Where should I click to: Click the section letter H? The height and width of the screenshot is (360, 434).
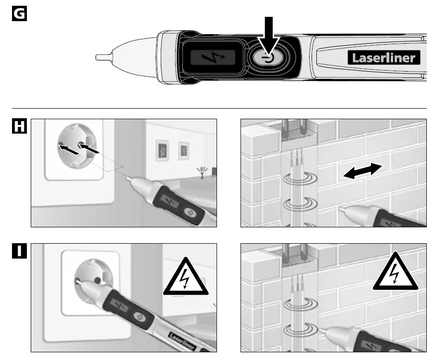click(18, 127)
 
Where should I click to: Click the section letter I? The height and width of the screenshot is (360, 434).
click(18, 251)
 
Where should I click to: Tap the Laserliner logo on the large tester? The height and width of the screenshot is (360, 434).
click(384, 58)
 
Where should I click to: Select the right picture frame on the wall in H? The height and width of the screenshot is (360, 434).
click(183, 150)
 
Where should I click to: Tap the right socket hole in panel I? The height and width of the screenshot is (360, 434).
click(97, 279)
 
